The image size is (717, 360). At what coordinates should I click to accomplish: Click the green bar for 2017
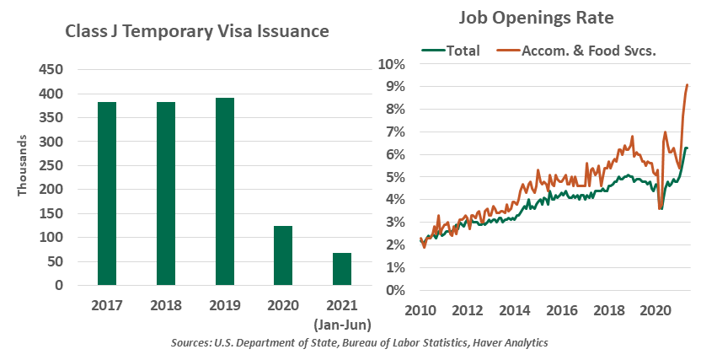[107, 194]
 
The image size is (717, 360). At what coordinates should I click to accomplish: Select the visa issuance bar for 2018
[165, 194]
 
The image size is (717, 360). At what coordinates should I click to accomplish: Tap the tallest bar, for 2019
[224, 191]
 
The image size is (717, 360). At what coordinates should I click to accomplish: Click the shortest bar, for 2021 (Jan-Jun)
[341, 269]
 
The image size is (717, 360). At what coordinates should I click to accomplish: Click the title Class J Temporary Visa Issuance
[197, 32]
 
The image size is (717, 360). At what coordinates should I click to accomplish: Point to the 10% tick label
[393, 64]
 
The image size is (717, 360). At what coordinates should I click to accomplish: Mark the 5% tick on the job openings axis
[396, 178]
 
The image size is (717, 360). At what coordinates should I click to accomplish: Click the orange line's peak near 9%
[688, 85]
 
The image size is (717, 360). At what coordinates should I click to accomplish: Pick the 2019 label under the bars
[224, 305]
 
